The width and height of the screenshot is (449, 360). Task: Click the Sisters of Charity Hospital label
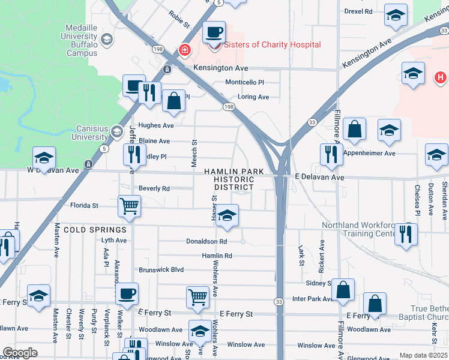272,45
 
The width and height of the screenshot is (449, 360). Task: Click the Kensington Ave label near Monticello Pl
220,68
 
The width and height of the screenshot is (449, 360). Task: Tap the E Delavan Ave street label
319,178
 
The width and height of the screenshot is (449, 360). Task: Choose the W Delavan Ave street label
53,170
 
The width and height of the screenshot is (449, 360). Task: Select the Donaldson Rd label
206,242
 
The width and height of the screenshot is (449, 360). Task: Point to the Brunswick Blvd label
161,270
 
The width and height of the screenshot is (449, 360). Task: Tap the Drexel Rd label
358,11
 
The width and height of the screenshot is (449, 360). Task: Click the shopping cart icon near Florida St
130,206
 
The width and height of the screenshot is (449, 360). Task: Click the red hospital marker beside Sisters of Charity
185,50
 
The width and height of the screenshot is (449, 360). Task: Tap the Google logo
20,353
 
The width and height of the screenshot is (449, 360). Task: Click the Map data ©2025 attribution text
423,355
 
